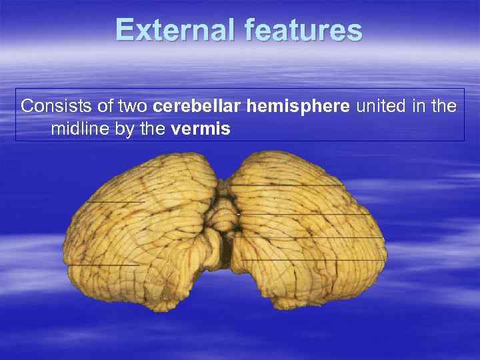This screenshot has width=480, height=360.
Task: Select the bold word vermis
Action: point(201,129)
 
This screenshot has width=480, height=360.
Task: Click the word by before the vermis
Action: point(123,129)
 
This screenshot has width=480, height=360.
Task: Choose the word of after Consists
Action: point(105,107)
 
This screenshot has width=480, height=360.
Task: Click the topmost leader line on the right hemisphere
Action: point(287,183)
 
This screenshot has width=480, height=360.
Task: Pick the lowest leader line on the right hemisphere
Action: point(313,259)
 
